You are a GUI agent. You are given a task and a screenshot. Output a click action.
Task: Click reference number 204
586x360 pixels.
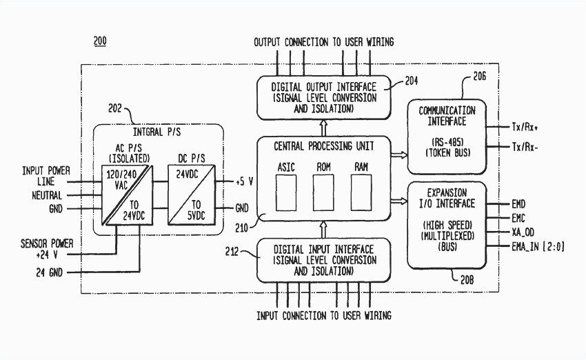coord(411,80)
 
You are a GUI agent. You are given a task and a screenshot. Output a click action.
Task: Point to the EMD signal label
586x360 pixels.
coord(518,204)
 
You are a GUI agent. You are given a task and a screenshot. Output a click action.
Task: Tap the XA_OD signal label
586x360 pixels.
coord(523,232)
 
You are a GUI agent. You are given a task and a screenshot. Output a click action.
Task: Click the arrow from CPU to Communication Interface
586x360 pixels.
coord(398,155)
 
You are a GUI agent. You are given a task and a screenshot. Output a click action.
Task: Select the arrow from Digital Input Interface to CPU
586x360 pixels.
coord(323,229)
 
